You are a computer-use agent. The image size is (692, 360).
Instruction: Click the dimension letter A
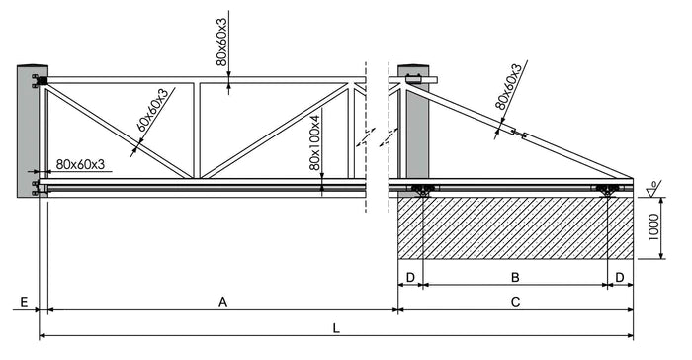coord(222,302)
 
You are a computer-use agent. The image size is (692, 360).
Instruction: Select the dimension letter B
coord(515,277)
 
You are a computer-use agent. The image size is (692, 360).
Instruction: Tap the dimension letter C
coord(515,302)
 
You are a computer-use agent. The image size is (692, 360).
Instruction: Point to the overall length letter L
coord(336,328)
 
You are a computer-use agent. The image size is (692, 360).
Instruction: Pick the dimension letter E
coord(25,302)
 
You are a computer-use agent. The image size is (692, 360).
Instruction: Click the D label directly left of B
coord(410,277)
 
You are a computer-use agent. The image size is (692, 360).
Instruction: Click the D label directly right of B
coord(620,277)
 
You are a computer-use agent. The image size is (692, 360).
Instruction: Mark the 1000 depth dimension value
coord(654,227)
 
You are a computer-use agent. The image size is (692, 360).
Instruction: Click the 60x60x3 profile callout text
coord(152,110)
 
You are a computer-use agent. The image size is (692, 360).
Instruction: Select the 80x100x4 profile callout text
coord(314,142)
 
